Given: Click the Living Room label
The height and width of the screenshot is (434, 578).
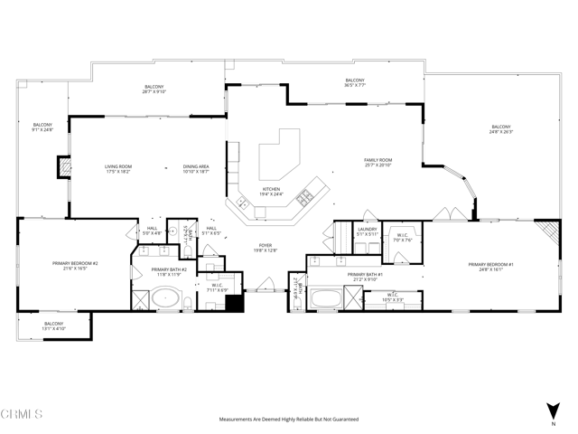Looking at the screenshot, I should pos(118,168).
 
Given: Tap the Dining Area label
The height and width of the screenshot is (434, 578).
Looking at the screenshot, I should pos(196,168).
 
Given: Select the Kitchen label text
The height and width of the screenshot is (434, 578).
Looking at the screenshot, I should pos(271,192).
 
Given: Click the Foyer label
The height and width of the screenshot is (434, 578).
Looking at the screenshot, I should pos(266,248).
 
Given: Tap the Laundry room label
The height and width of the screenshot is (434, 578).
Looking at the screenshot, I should pos(367,231).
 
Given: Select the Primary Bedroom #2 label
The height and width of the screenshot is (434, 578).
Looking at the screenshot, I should pos(81,266).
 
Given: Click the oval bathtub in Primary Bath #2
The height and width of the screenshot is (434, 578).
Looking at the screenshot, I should pos(164,297).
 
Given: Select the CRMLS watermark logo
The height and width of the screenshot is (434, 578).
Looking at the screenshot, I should pos(22,415).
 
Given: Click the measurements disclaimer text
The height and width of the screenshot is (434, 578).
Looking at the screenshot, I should pos(288,420).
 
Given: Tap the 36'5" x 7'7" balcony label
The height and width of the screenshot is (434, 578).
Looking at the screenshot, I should pos(354,83).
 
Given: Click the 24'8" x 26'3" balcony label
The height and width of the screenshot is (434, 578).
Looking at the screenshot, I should pos(501,128).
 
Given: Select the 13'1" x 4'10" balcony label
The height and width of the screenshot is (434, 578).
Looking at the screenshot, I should pos(54,325).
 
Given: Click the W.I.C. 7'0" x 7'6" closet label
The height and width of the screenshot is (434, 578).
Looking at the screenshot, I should pos(403,239).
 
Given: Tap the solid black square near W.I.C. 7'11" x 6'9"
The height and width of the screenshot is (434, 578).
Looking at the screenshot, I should pos(235,305).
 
